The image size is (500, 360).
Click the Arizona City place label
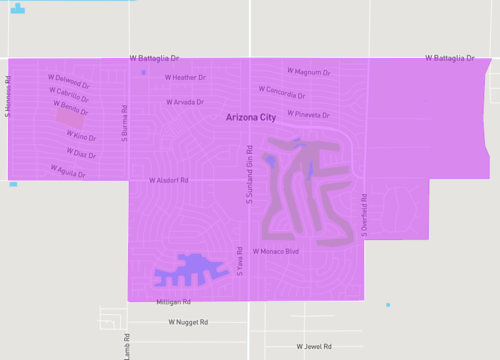coord(250,118)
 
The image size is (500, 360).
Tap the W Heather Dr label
coord(185,77)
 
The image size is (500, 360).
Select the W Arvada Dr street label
coord(184,102)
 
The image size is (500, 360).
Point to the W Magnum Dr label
coord(308,72)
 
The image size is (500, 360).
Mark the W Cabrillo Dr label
coord(70,94)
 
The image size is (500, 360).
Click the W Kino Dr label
coord(81,136)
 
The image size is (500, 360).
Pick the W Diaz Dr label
coord(81,153)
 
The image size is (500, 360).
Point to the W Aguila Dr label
coord(68,172)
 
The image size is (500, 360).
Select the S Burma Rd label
coord(125,123)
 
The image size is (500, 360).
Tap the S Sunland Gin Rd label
coord(249,176)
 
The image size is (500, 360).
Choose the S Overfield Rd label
coord(365,215)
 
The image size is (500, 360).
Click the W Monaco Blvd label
coord(275,251)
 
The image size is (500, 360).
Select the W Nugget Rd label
coord(188,322)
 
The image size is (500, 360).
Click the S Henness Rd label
coord(7,97)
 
